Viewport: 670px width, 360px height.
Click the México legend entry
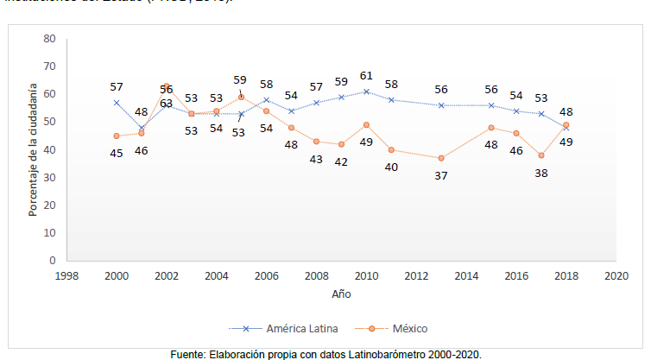[x=407, y=328]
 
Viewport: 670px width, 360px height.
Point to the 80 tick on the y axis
[x=49, y=39]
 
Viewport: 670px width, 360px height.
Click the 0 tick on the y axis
[x=52, y=260]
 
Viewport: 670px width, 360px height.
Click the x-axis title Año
[x=341, y=294]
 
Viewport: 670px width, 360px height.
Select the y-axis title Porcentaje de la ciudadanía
[x=32, y=149]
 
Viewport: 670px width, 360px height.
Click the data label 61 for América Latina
[x=367, y=76]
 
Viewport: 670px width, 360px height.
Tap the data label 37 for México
[x=441, y=175]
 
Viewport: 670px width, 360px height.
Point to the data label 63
[x=166, y=103]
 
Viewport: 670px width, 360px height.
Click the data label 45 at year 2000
[x=117, y=152]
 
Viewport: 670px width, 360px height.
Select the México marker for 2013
[x=441, y=158]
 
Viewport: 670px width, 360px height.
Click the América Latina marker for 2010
[x=366, y=92]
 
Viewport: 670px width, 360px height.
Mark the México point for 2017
[x=541, y=155]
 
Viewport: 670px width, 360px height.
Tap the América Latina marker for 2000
[x=117, y=103]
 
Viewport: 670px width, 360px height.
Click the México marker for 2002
[x=167, y=86]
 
